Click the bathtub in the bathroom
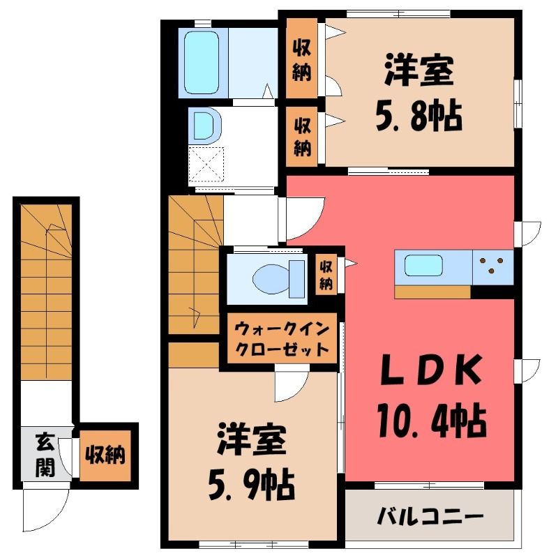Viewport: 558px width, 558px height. click(x=202, y=63)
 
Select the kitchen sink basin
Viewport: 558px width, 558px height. click(x=423, y=266)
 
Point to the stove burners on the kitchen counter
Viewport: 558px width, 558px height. click(x=492, y=265)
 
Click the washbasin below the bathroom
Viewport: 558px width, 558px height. click(x=206, y=126)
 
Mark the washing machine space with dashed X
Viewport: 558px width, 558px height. click(x=206, y=165)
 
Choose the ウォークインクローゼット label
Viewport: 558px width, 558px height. click(x=282, y=338)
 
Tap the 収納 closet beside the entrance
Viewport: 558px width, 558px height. click(x=105, y=455)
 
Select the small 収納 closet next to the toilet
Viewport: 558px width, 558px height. click(x=326, y=274)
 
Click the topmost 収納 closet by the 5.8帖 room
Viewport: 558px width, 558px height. click(x=302, y=59)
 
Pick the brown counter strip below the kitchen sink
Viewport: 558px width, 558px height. click(x=432, y=292)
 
